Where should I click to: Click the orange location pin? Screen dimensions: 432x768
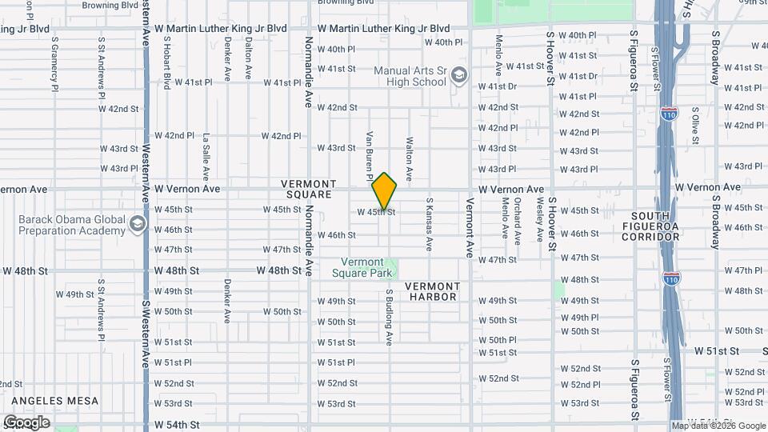385,192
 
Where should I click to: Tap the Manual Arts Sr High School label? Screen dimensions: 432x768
410,76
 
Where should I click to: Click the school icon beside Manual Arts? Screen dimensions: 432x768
458,76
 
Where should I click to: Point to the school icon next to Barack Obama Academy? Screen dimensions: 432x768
138,222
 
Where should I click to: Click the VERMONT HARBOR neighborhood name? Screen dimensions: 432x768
432,291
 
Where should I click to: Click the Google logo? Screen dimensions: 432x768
26,422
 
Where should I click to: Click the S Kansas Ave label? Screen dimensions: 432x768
429,226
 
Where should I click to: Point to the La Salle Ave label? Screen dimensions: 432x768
206,155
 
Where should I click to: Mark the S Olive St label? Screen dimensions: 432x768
695,130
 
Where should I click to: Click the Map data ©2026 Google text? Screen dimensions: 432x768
718,426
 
